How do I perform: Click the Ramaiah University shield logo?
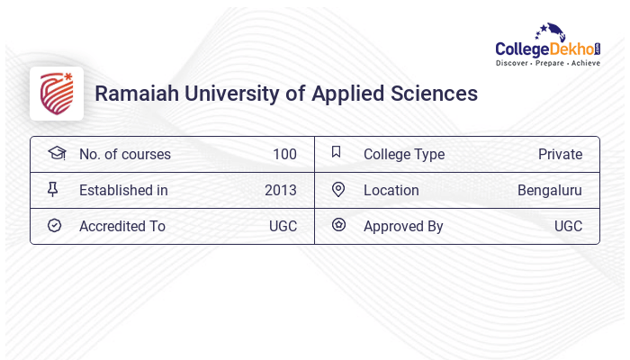coord(57,94)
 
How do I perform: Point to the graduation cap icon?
coord(56,153)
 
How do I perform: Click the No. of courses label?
coord(124,154)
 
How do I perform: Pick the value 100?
coord(284,154)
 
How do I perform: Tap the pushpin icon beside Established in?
coord(53,190)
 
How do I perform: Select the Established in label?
coord(123,190)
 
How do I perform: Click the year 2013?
coord(280,190)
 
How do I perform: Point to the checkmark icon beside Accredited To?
coord(54,226)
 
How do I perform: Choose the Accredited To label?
coord(122,226)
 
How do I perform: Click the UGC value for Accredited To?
coord(283,226)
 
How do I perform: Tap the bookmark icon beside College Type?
coord(337,152)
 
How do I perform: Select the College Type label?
coord(404,154)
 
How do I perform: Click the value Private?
coord(560,154)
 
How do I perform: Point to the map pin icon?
coord(338,189)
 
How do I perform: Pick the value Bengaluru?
coord(549,190)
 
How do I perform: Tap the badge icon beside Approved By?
coord(338,225)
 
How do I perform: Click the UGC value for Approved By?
coord(568,226)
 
